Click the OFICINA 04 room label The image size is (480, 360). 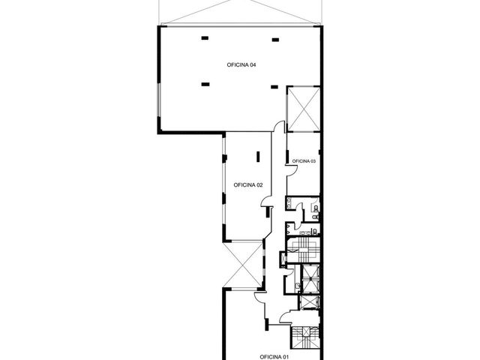point(241,65)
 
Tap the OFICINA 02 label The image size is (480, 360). point(248,185)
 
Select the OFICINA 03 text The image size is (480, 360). point(304,161)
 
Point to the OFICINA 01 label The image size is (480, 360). point(274,357)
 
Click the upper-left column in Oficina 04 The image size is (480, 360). point(205,38)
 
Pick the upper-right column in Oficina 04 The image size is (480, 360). point(275,40)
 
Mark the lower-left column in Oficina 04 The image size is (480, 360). point(205,84)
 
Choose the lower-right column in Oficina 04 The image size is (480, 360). point(274,87)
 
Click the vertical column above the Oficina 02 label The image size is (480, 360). point(258,157)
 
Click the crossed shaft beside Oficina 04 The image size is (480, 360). point(303,109)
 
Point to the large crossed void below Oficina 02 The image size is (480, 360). point(243,265)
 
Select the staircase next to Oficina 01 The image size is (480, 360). point(305,337)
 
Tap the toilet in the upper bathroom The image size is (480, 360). point(316,209)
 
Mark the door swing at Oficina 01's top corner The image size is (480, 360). point(259,298)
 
